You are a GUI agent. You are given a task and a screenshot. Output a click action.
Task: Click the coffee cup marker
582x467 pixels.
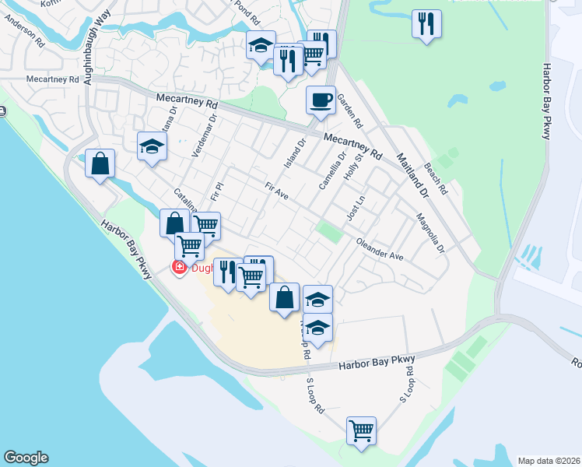[x=320, y=100]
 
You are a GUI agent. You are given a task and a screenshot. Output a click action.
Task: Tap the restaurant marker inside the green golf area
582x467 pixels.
[x=426, y=24]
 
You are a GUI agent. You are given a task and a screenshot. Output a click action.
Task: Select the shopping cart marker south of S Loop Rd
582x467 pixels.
[x=362, y=430]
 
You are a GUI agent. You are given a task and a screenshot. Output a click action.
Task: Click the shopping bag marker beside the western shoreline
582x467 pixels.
[x=100, y=164]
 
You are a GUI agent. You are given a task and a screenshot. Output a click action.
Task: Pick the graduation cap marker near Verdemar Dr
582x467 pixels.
[x=153, y=146]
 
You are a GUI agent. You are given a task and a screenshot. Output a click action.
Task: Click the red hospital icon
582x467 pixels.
[x=179, y=268]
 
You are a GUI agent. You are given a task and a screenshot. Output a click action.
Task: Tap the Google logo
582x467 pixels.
[x=26, y=458]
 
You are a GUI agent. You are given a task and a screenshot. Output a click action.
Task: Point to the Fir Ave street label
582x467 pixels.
[x=276, y=191]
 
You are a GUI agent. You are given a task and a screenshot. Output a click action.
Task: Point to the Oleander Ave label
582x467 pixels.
[x=380, y=250]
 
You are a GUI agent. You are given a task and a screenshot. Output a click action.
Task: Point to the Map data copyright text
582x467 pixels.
[x=549, y=461]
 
